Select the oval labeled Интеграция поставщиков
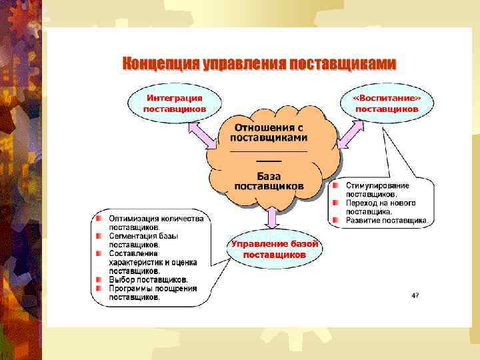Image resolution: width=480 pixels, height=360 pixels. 174,103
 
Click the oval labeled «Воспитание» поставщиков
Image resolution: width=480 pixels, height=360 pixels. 387,103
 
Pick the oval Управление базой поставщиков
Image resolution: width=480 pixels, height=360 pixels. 275,249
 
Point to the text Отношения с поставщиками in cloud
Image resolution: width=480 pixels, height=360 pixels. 269,132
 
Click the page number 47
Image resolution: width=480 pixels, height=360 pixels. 415,295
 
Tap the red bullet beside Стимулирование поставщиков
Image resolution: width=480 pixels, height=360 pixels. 337,185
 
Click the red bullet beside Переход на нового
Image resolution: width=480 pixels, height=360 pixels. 337,203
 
